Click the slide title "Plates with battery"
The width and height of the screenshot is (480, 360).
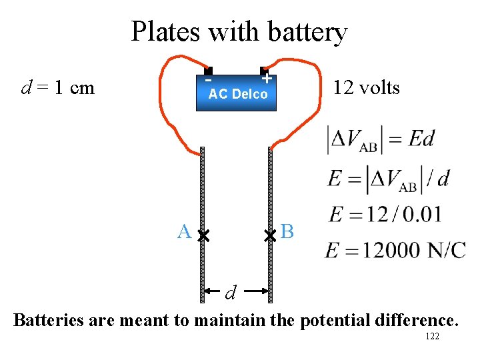pos(239,31)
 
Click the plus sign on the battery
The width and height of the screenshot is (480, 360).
pos(266,79)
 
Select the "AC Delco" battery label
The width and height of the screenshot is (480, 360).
pos(238,95)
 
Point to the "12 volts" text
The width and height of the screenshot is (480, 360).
pos(366,87)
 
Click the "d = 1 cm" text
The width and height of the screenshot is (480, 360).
pos(58,87)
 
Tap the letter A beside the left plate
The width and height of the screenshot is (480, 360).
pos(184,232)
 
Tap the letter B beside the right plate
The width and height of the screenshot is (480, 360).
pos(287,232)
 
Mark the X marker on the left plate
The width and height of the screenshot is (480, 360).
pos(203,235)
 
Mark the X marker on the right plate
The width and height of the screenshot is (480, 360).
pos(270,235)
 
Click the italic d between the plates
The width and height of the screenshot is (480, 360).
pos(231,292)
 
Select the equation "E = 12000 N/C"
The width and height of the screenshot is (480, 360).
pos(395,250)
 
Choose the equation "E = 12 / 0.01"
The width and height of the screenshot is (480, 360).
pos(385,215)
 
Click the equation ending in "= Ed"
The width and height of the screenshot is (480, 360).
pos(381,139)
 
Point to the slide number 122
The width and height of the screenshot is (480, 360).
pos(432,337)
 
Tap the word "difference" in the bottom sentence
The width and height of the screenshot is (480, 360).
pos(413,320)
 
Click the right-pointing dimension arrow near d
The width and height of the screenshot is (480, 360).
pos(259,290)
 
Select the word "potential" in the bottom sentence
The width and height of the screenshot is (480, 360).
pos(330,321)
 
